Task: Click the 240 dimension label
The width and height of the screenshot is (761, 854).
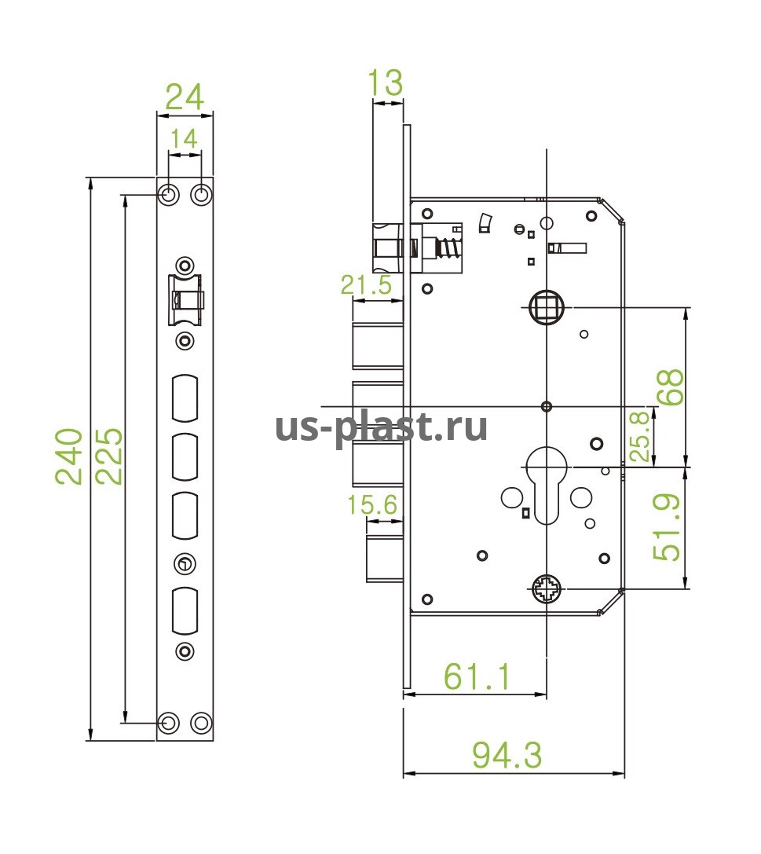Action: pos(69,456)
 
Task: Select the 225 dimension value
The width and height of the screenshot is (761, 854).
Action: pos(109,456)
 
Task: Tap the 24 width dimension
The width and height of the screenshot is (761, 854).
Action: pos(185,97)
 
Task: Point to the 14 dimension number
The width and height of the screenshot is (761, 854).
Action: pos(184,139)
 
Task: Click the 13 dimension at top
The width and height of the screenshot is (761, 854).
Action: pos(386,82)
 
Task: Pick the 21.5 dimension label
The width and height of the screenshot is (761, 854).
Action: pos(366,285)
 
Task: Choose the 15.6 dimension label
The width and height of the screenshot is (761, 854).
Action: pos(373,505)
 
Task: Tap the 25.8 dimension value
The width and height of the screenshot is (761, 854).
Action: pos(641,437)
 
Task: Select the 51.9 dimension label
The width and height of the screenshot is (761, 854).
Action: pos(667,527)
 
